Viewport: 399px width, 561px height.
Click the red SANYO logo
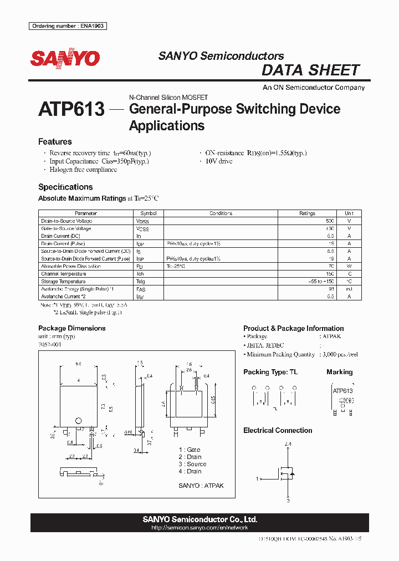coord(65,58)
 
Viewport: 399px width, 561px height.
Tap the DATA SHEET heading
coord(310,70)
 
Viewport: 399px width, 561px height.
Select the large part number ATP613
coord(71,109)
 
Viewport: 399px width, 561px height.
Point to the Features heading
coord(55,142)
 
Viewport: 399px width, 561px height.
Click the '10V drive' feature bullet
coord(219,161)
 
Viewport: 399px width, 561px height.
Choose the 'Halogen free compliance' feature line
coord(83,170)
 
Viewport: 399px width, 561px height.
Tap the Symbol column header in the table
coord(149,213)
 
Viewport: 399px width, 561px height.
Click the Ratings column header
coord(307,213)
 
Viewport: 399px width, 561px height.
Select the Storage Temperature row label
coord(63,281)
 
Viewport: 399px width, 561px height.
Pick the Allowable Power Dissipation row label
coord(71,266)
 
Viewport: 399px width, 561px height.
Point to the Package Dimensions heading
coord(71,328)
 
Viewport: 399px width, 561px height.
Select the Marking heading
coord(339,372)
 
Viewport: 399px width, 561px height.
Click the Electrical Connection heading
coord(278,430)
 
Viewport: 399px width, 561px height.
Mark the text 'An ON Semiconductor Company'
coord(314,88)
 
